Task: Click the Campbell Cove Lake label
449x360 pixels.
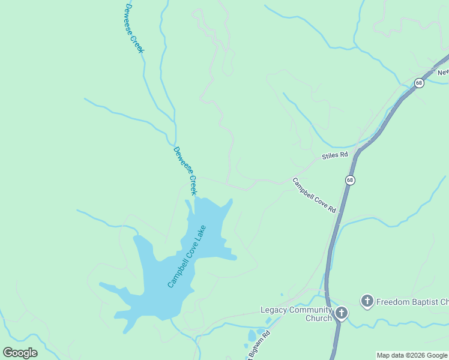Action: pos(187,256)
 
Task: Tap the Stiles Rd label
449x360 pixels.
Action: pos(335,155)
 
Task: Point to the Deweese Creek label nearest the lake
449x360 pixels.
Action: pos(185,171)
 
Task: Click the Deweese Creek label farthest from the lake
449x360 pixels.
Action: pos(134,28)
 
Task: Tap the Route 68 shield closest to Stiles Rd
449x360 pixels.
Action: pos(350,180)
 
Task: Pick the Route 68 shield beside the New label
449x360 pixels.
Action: pos(419,83)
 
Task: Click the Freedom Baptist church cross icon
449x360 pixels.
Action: pos(367,301)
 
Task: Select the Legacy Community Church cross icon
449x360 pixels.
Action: pos(342,313)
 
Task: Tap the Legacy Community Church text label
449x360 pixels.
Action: pos(296,314)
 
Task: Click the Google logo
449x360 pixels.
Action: pos(20,353)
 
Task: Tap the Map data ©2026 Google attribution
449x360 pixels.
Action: pos(412,355)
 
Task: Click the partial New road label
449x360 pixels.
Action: pos(443,72)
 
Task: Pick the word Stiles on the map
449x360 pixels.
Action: pos(330,156)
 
